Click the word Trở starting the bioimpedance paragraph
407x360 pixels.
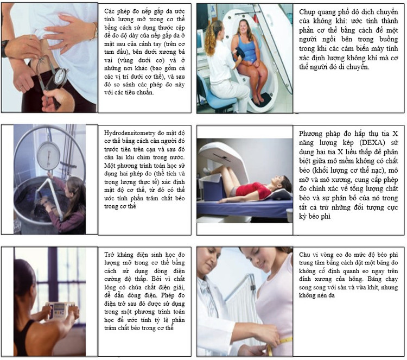111,254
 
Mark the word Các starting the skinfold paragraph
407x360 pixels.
110,10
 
